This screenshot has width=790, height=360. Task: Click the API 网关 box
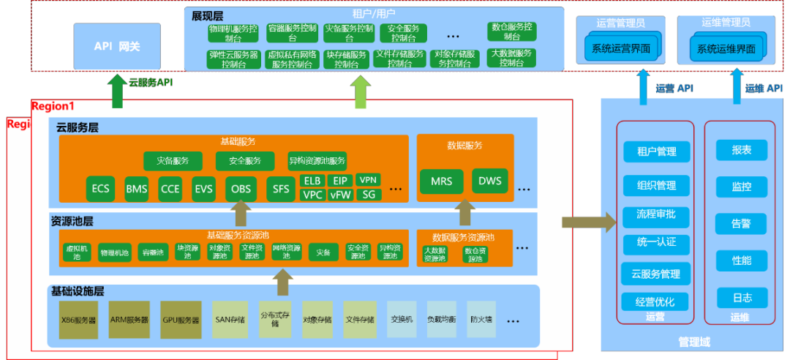117,46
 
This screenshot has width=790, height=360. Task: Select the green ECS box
100,189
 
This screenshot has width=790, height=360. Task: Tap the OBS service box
240,189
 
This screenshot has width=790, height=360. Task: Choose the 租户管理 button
656,151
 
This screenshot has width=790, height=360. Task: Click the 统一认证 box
656,241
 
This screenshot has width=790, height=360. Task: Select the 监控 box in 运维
741,187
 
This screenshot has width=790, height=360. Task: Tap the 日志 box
741,297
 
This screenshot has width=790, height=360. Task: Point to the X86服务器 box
78,320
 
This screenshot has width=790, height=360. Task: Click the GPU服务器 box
181,320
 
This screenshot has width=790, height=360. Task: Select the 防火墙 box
481,320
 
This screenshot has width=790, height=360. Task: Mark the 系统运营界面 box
620,49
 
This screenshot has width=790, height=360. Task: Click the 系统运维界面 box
726,49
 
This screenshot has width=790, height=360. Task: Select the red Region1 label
53,105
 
